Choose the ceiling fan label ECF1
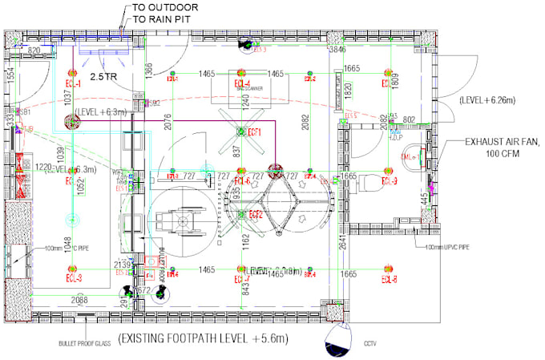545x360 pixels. (256, 131)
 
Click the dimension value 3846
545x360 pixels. (337, 50)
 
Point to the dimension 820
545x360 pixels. (34, 51)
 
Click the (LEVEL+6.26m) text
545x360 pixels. (486, 100)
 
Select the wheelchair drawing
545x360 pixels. (173, 220)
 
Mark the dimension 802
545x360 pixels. (409, 119)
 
